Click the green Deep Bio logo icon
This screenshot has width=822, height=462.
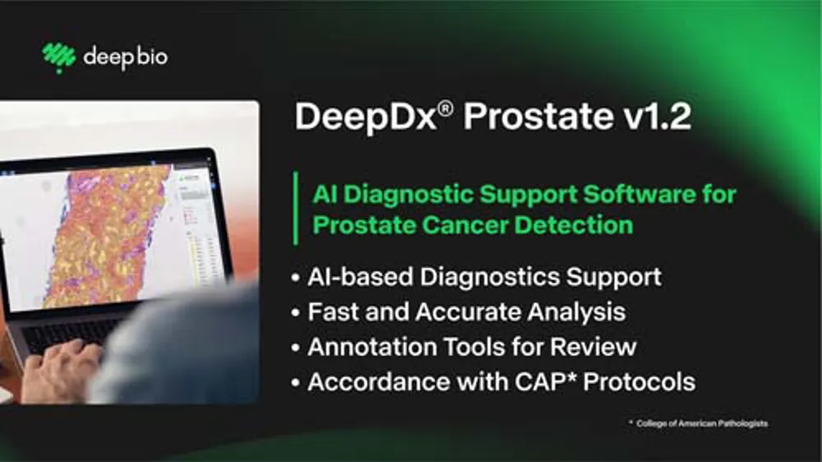[x=58, y=58]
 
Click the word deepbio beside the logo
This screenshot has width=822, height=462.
[x=126, y=57]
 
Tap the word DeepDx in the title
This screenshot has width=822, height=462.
[x=366, y=117]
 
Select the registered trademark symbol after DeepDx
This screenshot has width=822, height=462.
[x=446, y=109]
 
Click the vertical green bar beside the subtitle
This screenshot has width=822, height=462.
[x=296, y=208]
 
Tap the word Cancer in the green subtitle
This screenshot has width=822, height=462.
[x=465, y=225]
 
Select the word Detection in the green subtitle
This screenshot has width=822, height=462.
[x=574, y=225]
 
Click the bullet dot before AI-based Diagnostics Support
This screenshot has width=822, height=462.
[x=296, y=277]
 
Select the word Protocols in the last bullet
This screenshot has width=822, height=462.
[x=639, y=381]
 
